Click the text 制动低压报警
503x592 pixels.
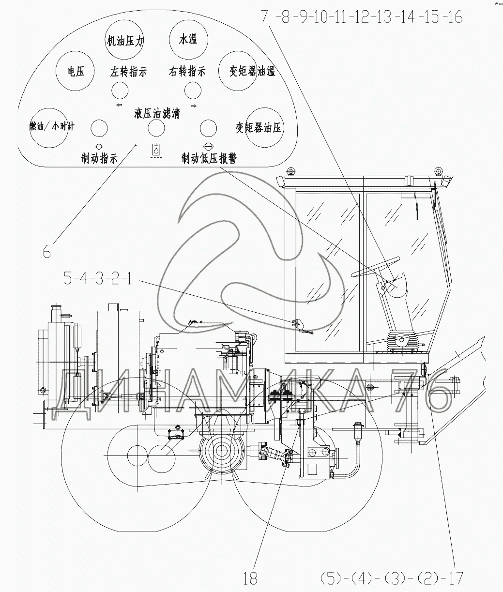pos(210,158)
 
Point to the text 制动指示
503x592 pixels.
pos(99,158)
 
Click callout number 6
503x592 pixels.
pos(46,252)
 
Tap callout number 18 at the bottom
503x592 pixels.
pos(250,577)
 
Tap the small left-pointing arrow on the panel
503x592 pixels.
pos(120,105)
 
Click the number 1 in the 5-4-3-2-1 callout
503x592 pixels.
pos(129,278)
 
